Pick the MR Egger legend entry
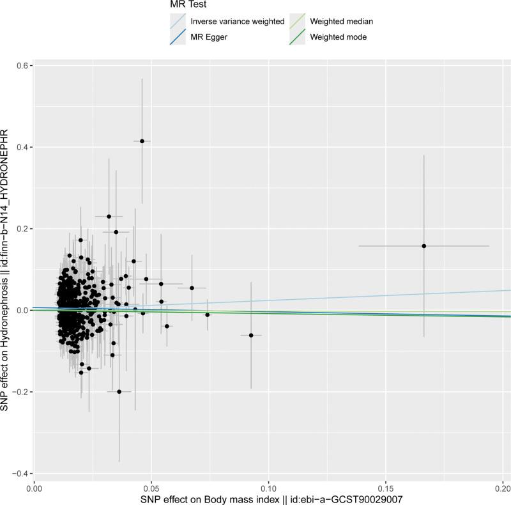pyautogui.click(x=210, y=38)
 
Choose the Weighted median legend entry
pyautogui.click(x=341, y=22)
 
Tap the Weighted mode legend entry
pyautogui.click(x=338, y=38)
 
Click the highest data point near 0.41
pyautogui.click(x=142, y=141)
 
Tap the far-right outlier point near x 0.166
pyautogui.click(x=423, y=246)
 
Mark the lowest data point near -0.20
pyautogui.click(x=119, y=391)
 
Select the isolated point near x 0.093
pyautogui.click(x=251, y=335)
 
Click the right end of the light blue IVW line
pyautogui.click(x=509, y=290)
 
